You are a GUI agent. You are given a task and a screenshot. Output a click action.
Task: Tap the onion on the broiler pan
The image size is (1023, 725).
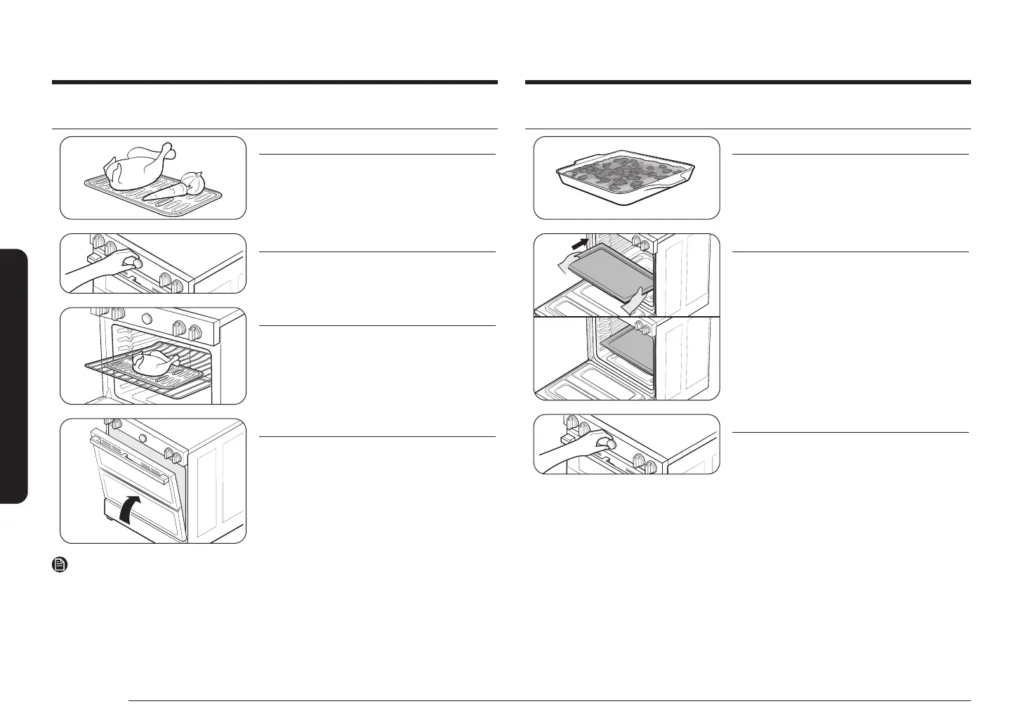point(192,181)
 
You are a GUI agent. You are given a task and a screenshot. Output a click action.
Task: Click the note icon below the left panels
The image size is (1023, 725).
point(60,564)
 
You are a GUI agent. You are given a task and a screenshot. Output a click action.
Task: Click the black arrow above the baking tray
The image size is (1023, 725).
point(579,244)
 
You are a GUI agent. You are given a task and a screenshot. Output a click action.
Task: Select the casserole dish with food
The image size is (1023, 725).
point(627,176)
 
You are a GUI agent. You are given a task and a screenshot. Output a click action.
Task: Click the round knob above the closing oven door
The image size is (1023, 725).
point(144,437)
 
